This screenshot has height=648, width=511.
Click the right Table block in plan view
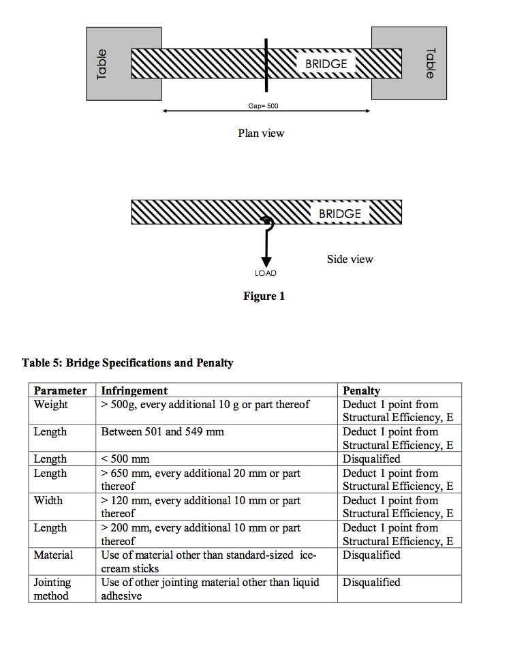click(x=422, y=63)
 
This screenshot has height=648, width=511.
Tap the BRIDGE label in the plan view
click(x=322, y=64)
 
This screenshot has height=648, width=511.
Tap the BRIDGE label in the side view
click(x=340, y=214)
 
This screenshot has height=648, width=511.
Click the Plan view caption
click(x=261, y=134)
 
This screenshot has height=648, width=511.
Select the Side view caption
click(x=350, y=259)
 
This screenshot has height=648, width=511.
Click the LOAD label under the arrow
click(x=266, y=273)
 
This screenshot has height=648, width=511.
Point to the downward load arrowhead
click(x=266, y=261)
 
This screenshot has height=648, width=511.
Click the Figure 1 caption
click(x=264, y=296)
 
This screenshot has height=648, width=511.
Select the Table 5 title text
click(x=127, y=362)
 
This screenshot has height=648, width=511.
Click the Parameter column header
click(x=61, y=390)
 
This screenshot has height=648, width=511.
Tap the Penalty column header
click(x=362, y=390)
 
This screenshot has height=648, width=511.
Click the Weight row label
click(x=51, y=404)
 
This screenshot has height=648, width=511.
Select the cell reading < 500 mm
click(x=125, y=459)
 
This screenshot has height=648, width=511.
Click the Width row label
click(x=48, y=500)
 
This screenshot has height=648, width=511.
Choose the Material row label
click(x=53, y=555)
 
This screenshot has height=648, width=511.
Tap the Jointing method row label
click(x=52, y=589)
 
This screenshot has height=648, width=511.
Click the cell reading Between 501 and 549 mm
click(x=163, y=431)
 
